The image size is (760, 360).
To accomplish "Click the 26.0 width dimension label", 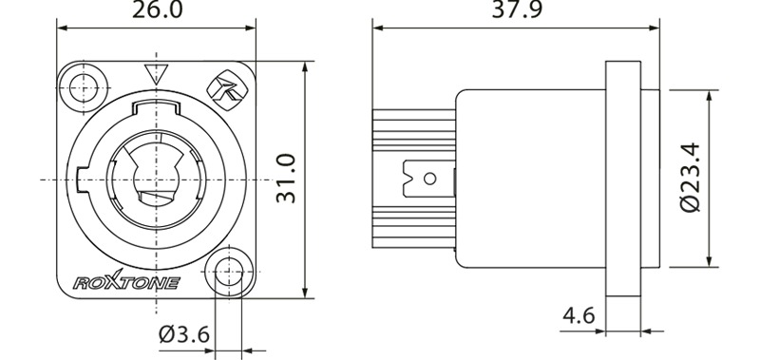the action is click(157, 9).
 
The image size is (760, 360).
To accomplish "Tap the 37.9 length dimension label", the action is click(517, 9).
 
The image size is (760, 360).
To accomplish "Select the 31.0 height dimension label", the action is click(286, 179).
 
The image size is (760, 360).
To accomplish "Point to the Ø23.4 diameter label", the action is click(691, 177).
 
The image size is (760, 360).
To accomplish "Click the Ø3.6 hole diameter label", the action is click(184, 333).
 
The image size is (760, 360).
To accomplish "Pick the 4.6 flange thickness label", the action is click(579, 315).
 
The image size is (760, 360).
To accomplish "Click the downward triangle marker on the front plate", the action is click(156, 74).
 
